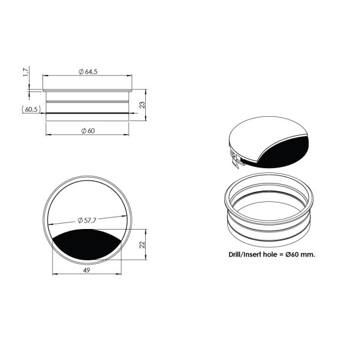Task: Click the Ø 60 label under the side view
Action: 87,130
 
